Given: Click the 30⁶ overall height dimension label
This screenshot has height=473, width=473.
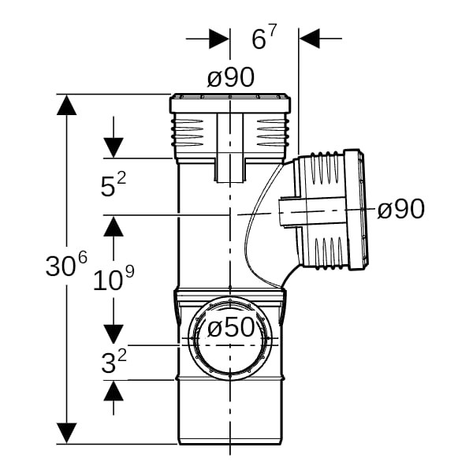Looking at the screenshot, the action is tap(66, 263).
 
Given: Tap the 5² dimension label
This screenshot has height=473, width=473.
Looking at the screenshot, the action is tap(113, 184).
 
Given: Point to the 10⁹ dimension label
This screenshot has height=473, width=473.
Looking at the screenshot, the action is tap(114, 279).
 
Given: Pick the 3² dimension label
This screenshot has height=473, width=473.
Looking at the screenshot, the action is tap(114, 361).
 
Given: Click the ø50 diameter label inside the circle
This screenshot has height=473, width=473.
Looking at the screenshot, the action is tap(231, 328).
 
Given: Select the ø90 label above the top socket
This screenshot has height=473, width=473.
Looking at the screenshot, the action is tap(231, 77).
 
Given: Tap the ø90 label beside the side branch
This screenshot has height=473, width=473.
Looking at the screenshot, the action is tap(401, 209).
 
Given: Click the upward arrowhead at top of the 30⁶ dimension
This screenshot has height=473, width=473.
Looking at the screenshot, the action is tap(66, 105).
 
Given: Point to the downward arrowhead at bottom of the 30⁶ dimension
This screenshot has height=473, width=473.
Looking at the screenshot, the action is tap(66, 433).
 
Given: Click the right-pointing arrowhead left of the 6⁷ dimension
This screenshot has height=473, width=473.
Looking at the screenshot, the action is tap(219, 39).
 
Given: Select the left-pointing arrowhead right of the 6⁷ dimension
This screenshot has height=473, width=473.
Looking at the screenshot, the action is tap(310, 39).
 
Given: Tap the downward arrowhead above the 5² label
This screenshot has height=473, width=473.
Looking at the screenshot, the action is tap(114, 147).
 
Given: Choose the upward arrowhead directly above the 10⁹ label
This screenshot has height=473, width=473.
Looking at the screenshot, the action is tap(114, 226).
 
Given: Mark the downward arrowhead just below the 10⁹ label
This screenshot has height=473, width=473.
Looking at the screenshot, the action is tap(114, 334).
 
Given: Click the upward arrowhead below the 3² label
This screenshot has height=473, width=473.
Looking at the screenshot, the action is tap(114, 391).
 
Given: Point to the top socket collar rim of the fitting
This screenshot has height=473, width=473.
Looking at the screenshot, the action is tap(230, 104).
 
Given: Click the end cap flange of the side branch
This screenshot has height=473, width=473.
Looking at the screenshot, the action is tap(356, 209).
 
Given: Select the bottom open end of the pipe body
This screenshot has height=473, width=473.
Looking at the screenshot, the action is tap(230, 443).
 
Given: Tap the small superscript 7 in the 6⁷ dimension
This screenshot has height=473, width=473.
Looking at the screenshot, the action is tap(273, 32).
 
